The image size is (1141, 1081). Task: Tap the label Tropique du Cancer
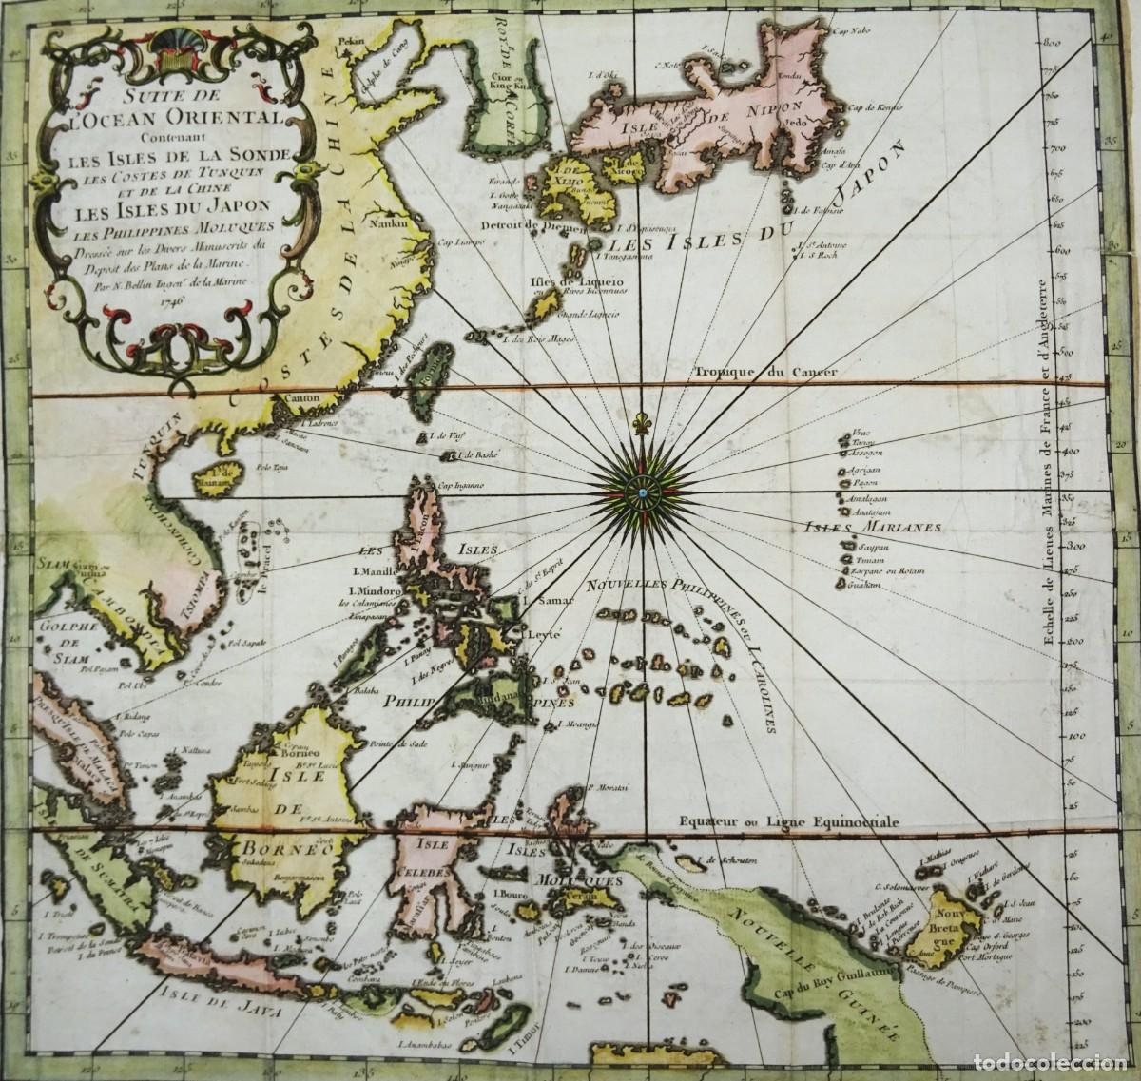tap(764, 373)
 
